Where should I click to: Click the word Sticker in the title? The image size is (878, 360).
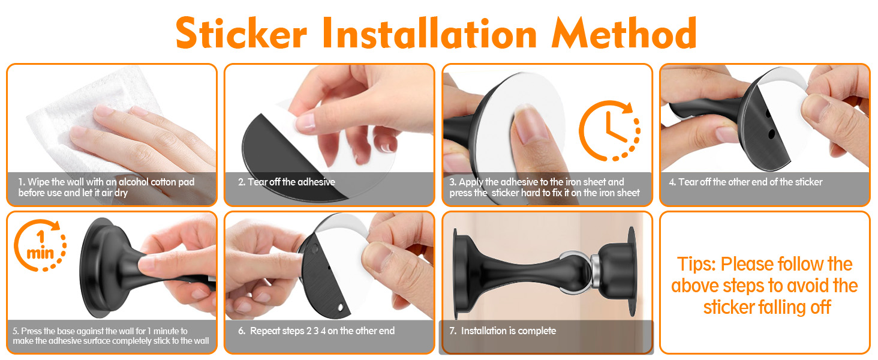[x=241, y=33]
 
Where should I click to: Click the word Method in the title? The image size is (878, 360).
[x=624, y=33]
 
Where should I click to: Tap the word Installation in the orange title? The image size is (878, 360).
[x=429, y=33]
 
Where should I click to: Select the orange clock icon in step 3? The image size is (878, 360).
[x=609, y=131]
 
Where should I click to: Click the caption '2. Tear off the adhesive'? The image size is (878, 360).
[x=287, y=182]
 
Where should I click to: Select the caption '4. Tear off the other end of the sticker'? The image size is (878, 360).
[x=745, y=182]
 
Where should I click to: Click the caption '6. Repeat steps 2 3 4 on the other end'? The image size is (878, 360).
[x=316, y=331]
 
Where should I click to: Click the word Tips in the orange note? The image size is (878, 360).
[x=696, y=264]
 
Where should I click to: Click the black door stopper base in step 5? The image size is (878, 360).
[x=103, y=268]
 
